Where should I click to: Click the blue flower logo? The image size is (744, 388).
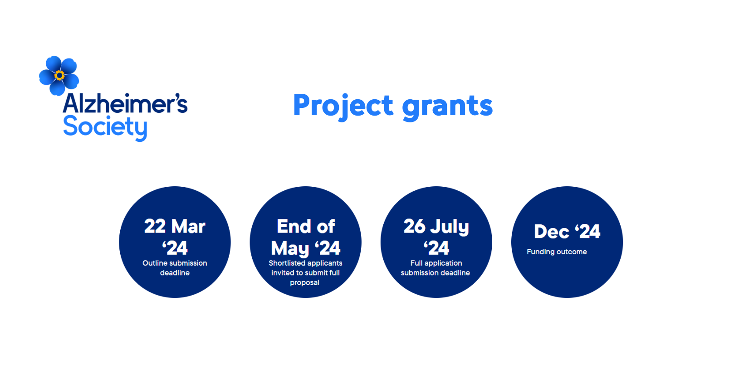(59, 76)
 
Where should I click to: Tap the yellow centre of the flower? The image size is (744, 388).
(59, 76)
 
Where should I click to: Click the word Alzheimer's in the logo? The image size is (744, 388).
(125, 103)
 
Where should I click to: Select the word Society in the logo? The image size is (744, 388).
(105, 128)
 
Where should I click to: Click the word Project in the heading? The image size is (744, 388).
(343, 106)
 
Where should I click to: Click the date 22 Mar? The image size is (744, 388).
(175, 227)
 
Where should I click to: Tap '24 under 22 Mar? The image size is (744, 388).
(175, 248)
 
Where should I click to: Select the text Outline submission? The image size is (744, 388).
(175, 263)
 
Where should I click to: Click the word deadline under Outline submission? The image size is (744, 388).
(175, 273)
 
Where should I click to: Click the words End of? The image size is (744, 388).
(306, 227)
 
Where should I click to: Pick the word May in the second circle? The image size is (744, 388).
(290, 248)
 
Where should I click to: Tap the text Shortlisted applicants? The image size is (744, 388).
(306, 263)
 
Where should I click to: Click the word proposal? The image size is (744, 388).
(304, 283)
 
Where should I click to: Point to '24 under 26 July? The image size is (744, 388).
(436, 248)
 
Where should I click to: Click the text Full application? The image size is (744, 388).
(436, 263)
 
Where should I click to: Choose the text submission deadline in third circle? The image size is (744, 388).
(436, 273)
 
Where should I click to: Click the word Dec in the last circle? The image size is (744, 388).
(552, 232)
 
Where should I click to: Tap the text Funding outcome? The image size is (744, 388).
(557, 252)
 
